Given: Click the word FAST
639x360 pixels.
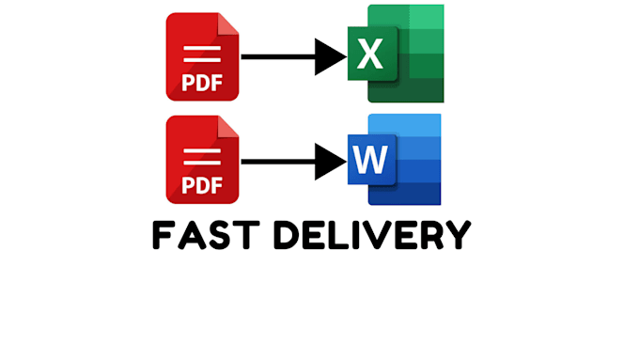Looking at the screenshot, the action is coord(206,235).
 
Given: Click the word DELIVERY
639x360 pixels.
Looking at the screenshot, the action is coord(372,235).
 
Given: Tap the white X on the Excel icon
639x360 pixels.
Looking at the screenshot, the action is coord(370,54).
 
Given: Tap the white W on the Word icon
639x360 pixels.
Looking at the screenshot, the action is coord(370,160).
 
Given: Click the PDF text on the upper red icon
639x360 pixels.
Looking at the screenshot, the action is coord(202,83).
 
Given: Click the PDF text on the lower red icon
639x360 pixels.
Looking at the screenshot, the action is coord(202,185).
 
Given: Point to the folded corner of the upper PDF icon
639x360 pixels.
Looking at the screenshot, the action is coord(227,24).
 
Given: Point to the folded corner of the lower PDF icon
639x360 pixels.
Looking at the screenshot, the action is coord(227,127).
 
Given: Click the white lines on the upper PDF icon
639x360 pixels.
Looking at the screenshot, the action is coord(202,55).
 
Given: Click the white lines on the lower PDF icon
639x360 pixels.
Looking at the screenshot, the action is coord(202,157).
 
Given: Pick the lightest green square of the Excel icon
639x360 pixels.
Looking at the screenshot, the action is coord(427,17).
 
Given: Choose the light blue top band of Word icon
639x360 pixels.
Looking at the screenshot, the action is coord(404,125).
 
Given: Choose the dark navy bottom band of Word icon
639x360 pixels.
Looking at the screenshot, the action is coord(404,194).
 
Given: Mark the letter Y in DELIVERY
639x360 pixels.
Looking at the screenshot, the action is coord(459,235).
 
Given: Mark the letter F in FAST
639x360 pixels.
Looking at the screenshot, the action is coord(162,235).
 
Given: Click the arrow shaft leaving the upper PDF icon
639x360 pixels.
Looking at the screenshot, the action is coord(278,56).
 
